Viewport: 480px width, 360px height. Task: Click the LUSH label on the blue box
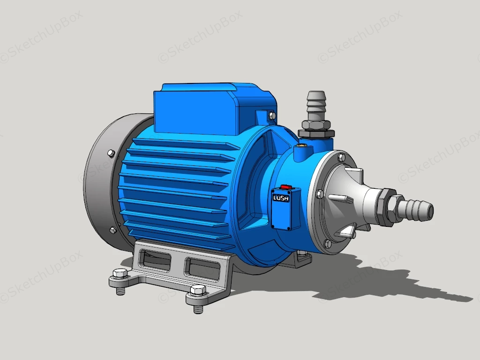[x=281, y=198]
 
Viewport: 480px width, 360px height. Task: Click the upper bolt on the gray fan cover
[x=111, y=153]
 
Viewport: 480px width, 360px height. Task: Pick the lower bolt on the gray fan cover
[x=113, y=230]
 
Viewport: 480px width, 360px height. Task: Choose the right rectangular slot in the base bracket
[x=202, y=268]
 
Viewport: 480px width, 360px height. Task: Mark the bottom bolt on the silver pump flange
[x=327, y=243]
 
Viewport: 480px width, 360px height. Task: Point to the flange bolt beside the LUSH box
[x=319, y=194]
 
